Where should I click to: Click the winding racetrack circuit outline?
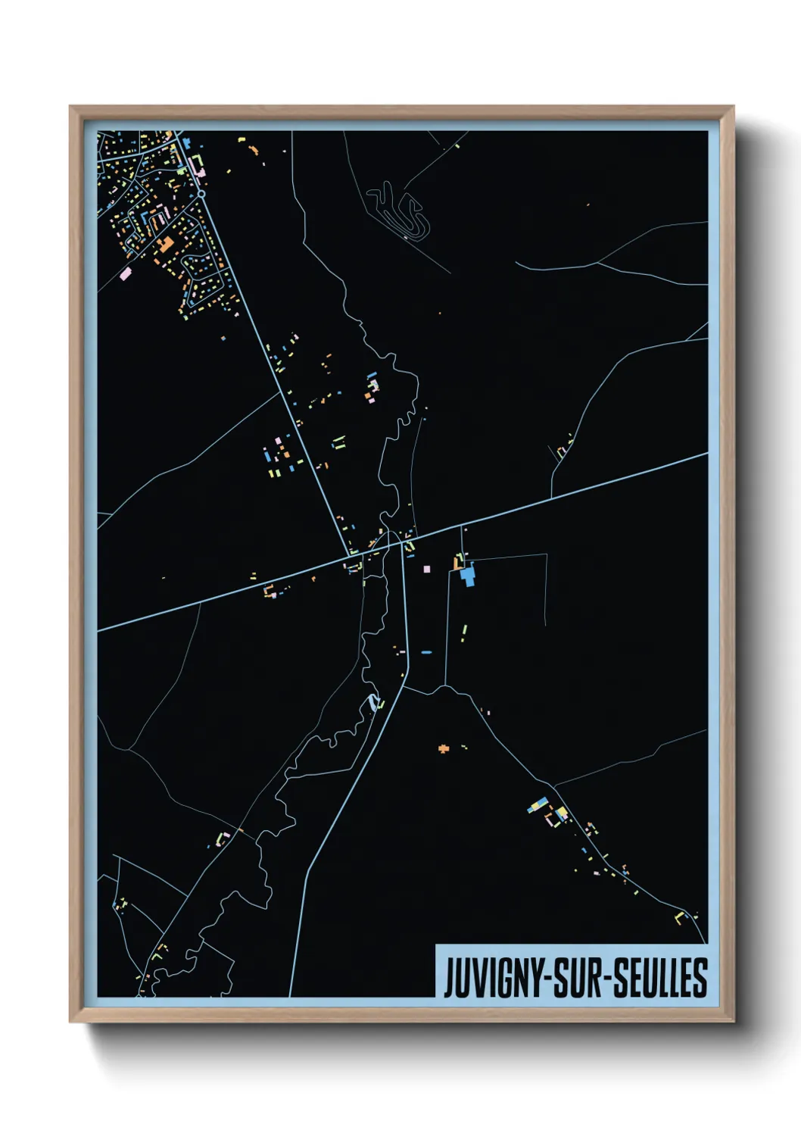click(398, 209)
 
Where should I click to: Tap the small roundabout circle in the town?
click(202, 194)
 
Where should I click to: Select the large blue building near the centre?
click(467, 576)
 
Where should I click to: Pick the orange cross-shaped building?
click(444, 749)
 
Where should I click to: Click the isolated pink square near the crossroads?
click(426, 568)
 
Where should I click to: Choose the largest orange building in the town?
click(164, 243)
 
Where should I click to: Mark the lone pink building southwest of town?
click(125, 274)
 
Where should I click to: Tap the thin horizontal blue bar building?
click(426, 651)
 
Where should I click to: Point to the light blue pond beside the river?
click(373, 701)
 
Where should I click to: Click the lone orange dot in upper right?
click(588, 204)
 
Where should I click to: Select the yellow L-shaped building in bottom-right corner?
click(680, 917)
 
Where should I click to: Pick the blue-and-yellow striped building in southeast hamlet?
click(539, 805)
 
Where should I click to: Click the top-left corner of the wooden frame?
click(70, 107)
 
